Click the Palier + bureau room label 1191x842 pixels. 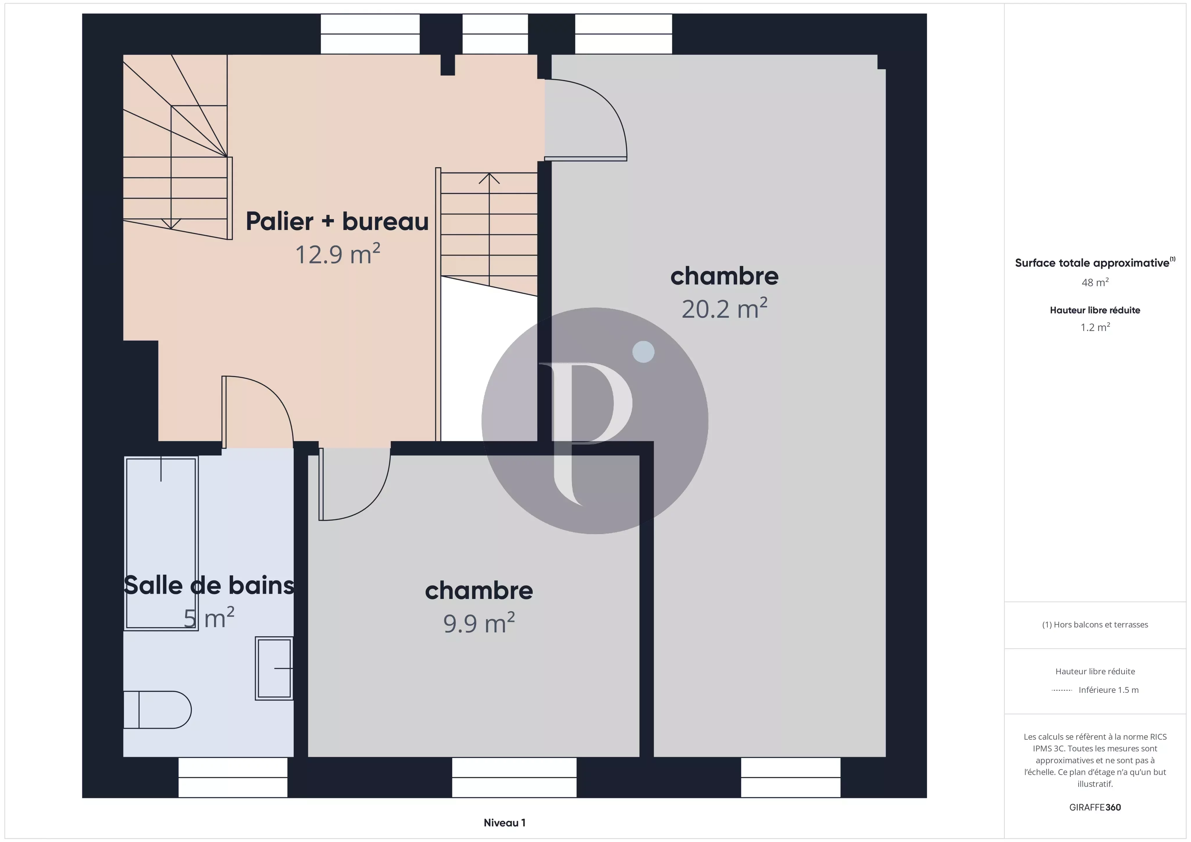click(x=337, y=222)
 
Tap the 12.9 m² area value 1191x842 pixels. click(x=338, y=254)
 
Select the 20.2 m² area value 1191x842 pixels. click(x=724, y=308)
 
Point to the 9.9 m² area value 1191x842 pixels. click(x=479, y=622)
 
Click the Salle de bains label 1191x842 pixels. click(x=209, y=585)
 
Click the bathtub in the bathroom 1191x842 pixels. click(x=161, y=543)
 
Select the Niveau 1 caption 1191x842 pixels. click(x=504, y=822)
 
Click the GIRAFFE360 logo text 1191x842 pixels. click(x=1095, y=807)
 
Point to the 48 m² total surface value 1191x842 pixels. click(x=1095, y=282)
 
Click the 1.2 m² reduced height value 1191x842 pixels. click(x=1095, y=327)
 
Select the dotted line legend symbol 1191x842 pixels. click(x=1062, y=690)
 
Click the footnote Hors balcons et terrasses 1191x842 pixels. click(x=1095, y=625)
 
